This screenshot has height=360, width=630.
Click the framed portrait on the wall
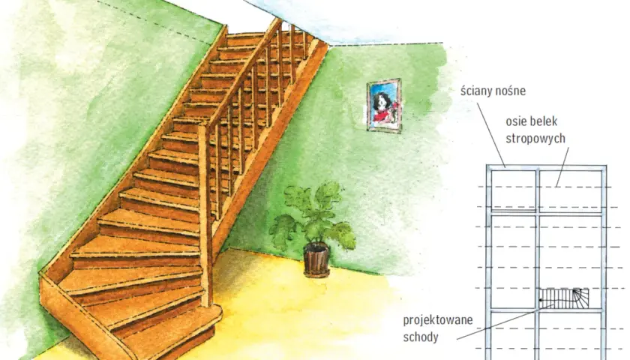[x=384, y=105]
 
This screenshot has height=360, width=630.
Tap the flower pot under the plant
[x=316, y=259]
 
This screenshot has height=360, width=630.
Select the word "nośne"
[x=511, y=91]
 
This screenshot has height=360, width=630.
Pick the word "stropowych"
[x=535, y=139]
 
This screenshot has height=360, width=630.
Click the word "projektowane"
[x=438, y=321]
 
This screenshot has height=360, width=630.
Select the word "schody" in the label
[x=421, y=337]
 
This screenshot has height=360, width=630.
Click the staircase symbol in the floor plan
[x=564, y=298]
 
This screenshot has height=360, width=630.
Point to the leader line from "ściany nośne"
[x=491, y=135]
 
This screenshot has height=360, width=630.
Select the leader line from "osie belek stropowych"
[x=562, y=167]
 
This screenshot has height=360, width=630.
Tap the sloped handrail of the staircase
[x=240, y=72]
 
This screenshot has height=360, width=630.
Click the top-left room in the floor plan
[x=514, y=190]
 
